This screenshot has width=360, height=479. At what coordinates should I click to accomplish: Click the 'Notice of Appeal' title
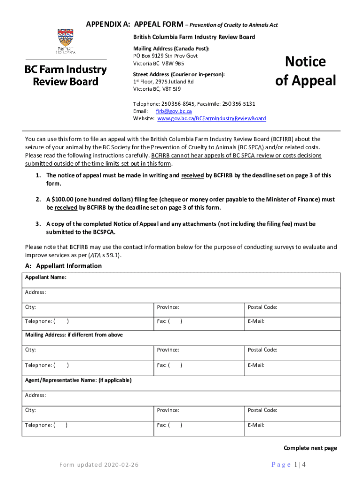(x=305, y=71)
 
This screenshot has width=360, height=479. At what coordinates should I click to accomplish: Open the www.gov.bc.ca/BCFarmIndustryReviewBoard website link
(x=211, y=119)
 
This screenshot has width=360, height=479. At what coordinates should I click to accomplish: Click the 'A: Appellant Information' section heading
(x=63, y=266)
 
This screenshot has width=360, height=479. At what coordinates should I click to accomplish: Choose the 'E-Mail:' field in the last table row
(x=292, y=425)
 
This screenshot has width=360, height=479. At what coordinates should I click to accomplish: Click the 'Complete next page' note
(x=310, y=448)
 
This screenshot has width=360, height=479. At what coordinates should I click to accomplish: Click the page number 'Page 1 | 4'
(x=288, y=464)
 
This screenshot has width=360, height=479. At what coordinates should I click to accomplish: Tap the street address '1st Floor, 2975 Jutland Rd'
(x=163, y=82)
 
